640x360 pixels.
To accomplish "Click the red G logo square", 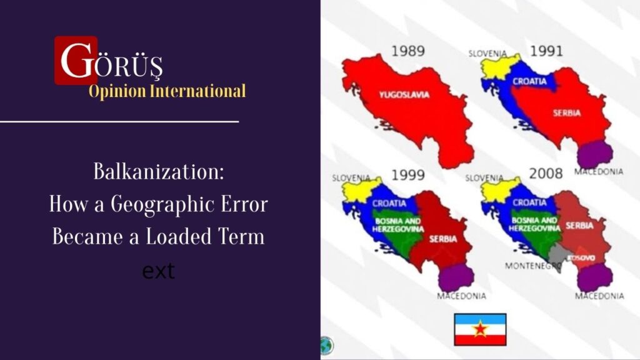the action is tap(76, 61).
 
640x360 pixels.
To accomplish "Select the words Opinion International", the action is tap(167, 91).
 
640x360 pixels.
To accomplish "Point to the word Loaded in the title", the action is tap(178, 236).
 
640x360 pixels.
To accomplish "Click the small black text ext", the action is tap(158, 271).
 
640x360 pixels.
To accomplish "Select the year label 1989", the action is tap(408, 51).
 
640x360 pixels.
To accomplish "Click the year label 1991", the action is tap(546, 51).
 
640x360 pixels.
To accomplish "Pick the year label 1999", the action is tap(408, 175).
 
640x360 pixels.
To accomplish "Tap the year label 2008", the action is tap(546, 174).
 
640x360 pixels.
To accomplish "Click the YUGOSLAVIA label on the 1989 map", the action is tap(404, 95).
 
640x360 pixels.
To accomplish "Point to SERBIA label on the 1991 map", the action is tap(567, 113).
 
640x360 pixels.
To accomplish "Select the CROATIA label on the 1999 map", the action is tap(389, 203).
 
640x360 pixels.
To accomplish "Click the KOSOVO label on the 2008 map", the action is tap(582, 258).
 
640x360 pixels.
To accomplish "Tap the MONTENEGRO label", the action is tap(532, 266).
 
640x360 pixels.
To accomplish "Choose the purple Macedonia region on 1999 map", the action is tap(456, 277).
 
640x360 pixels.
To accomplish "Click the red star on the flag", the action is tap(481, 329).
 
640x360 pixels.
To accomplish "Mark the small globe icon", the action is tap(326, 346).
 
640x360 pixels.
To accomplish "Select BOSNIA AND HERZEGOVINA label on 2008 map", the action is tap(534, 224).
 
